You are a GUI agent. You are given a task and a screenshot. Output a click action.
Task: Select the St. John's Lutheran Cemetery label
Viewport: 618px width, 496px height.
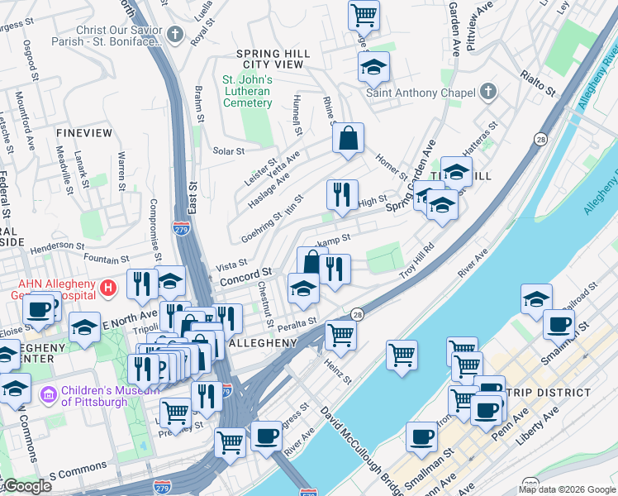coord(248,91)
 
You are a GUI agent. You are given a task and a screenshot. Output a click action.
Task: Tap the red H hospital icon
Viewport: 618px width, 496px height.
coord(107,288)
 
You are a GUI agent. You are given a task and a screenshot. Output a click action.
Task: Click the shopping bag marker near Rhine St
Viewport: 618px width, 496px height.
coord(349,138)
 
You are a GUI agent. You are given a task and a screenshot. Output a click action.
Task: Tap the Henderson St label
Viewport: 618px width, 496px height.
coord(58,247)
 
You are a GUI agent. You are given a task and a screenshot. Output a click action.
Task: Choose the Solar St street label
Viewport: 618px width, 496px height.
coord(229,151)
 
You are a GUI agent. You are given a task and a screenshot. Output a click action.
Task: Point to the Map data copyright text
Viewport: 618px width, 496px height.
coord(566,489)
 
